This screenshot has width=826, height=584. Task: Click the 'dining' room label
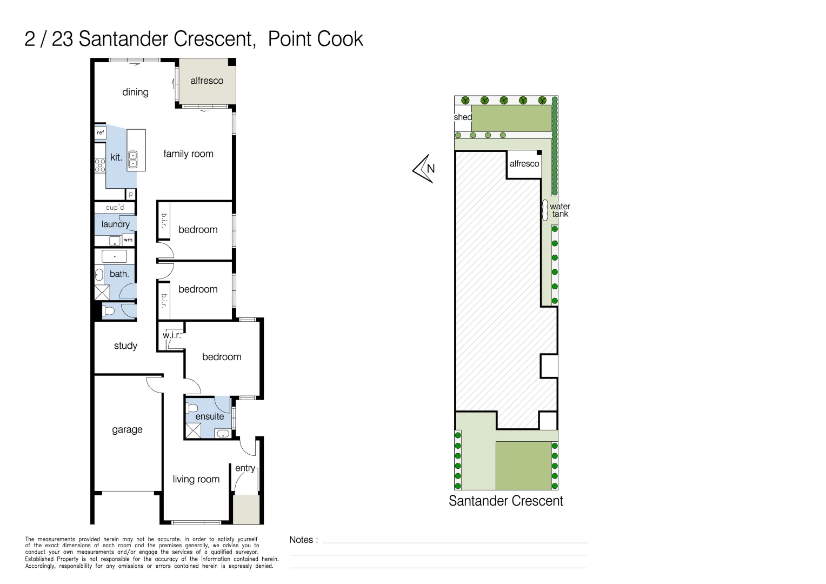135,92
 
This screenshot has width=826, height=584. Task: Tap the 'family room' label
188,154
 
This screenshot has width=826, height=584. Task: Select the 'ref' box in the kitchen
101,132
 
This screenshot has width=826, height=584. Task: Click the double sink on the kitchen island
133,160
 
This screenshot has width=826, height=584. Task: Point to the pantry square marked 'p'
130,194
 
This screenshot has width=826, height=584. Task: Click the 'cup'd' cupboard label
115,207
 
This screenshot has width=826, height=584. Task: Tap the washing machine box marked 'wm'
128,240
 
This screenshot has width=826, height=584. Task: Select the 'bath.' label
119,274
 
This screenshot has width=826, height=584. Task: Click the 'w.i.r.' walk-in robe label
171,335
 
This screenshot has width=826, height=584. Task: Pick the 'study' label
125,346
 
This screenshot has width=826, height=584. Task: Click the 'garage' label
127,429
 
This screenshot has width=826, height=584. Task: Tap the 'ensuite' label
209,416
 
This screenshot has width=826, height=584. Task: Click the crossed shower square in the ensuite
193,430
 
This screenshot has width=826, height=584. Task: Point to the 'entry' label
245,468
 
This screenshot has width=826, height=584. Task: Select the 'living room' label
196,479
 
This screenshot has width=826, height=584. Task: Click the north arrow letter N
431,168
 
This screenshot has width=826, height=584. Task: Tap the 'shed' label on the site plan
463,117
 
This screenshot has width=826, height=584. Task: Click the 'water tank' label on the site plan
560,210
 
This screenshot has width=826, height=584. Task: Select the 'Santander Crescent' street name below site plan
505,501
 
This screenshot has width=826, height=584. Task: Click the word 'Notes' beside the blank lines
301,540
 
